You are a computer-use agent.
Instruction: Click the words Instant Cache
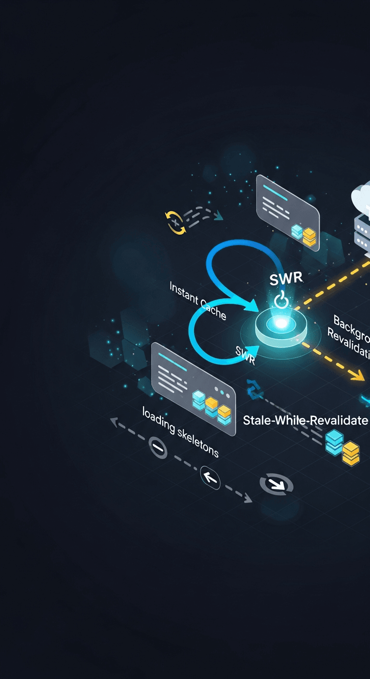[198, 300]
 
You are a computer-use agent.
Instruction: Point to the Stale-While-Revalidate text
[305, 420]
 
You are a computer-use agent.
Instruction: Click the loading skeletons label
[180, 432]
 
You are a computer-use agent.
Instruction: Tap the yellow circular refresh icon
[175, 222]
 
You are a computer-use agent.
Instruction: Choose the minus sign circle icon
[158, 448]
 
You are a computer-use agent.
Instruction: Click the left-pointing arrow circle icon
[210, 478]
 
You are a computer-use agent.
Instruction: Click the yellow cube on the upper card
[309, 236]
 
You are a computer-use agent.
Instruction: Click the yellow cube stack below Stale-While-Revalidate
[351, 453]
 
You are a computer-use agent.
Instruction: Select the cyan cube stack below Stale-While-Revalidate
[334, 442]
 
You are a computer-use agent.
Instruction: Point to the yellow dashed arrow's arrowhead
[358, 375]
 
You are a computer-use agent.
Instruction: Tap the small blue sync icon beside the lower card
[253, 389]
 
